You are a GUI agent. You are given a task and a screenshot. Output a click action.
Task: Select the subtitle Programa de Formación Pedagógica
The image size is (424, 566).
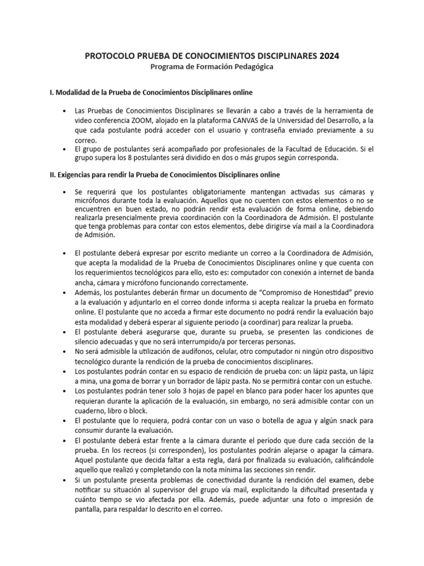point(212,67)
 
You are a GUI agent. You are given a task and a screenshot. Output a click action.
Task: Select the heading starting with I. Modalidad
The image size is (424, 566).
point(151,91)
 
